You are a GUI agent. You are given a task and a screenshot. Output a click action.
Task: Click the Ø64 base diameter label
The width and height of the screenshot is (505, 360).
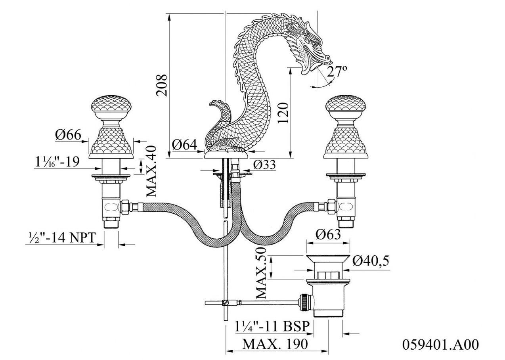point(185,145)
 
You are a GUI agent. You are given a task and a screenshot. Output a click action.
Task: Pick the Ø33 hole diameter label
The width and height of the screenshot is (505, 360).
point(265,165)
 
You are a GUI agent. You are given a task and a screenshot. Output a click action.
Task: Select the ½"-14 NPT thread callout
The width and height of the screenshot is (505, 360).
point(61,237)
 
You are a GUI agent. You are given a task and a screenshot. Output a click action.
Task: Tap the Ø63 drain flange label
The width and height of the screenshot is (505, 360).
point(328,235)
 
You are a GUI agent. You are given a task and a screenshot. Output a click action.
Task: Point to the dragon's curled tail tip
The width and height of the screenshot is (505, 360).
point(214,104)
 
